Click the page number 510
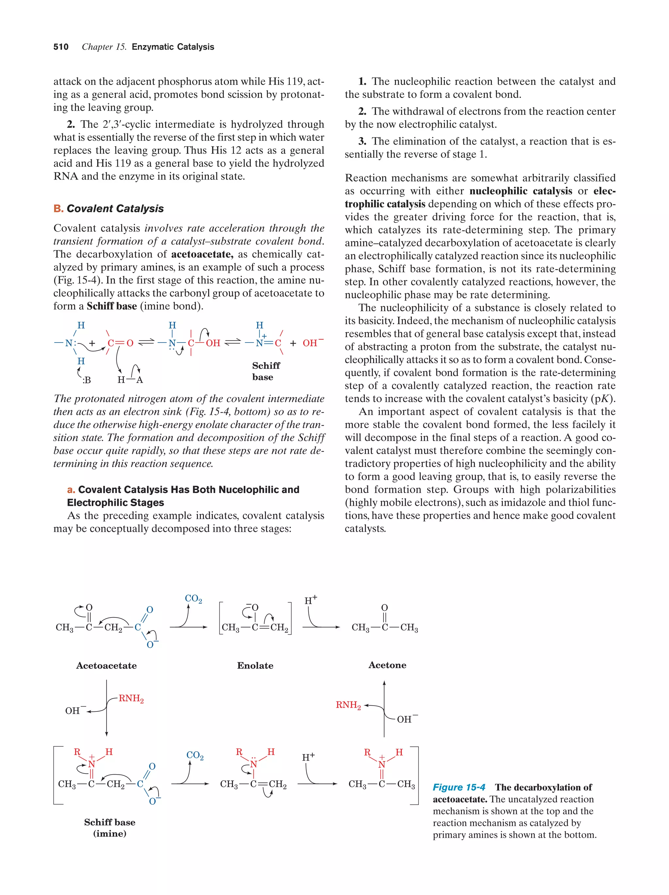(61, 47)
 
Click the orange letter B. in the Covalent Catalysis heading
(58, 209)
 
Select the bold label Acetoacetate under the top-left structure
(106, 665)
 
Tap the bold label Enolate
(255, 665)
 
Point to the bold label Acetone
(387, 665)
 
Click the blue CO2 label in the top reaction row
(193, 599)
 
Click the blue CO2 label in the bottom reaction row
(195, 755)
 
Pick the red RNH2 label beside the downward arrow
(131, 699)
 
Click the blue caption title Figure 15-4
(459, 787)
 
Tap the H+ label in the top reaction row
(310, 600)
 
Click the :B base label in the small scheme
(86, 380)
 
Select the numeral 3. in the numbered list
(362, 141)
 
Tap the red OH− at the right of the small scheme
(312, 343)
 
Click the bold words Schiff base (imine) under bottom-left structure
(110, 828)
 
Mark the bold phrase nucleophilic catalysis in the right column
(520, 191)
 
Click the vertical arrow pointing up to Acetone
(384, 708)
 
